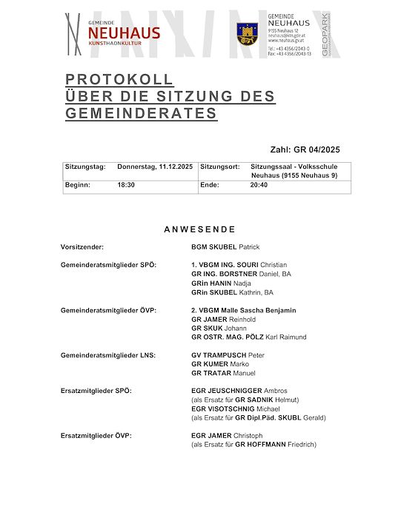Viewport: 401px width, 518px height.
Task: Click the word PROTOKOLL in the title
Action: coord(119,80)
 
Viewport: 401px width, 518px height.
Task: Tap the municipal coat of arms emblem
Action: coord(248,33)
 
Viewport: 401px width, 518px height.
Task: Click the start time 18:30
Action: coord(126,185)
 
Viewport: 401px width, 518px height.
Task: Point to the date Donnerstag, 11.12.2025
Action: coord(155,167)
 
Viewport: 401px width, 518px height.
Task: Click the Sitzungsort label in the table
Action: coord(220,167)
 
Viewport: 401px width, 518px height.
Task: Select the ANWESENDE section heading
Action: coord(200,229)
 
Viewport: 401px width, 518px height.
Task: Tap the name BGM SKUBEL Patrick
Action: coord(225,247)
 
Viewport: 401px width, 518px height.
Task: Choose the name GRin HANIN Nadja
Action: coord(221,283)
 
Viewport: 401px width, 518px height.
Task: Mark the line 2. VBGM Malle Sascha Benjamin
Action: coord(243,310)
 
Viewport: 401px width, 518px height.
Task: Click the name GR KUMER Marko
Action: coord(219,364)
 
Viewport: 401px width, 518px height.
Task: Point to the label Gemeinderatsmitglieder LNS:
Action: coord(108,355)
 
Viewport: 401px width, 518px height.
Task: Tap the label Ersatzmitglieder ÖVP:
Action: coord(96,435)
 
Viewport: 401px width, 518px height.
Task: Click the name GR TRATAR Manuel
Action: coord(223,373)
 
